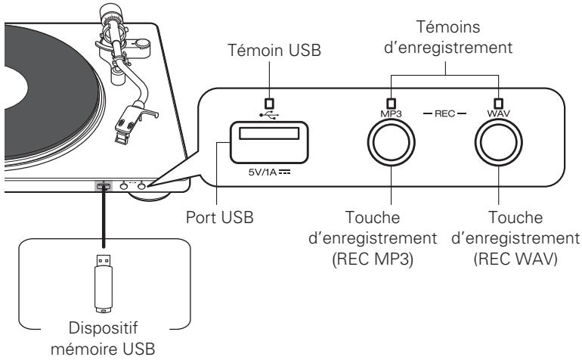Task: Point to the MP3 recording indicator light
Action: pos(391,104)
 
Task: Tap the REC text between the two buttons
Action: pos(445,116)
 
